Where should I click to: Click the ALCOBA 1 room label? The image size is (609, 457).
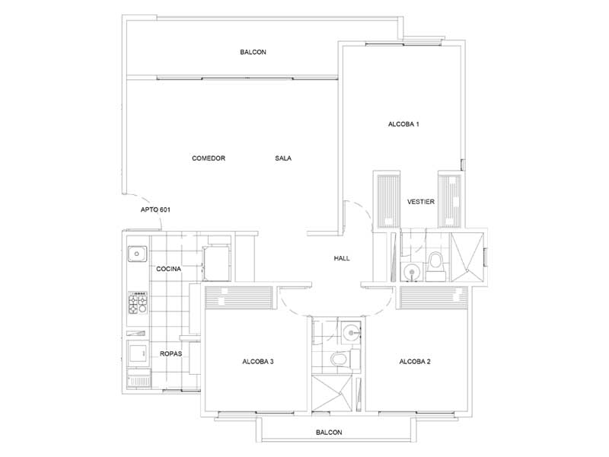[403, 124]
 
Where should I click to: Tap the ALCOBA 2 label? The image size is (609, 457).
[415, 362]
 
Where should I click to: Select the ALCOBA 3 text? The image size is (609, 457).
[258, 362]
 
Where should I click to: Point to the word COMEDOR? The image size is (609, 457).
[209, 158]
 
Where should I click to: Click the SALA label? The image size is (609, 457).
[283, 158]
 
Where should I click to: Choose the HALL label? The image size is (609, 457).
[342, 258]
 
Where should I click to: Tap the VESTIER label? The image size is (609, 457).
[421, 202]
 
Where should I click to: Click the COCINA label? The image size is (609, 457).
[168, 269]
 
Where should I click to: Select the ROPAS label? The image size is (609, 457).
[171, 354]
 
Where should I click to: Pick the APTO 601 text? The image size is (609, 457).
[155, 210]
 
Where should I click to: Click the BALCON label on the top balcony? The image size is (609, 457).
[253, 52]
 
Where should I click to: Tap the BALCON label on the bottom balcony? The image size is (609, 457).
[329, 433]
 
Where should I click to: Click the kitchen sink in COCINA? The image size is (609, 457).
[137, 254]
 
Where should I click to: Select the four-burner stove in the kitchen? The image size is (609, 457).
[138, 302]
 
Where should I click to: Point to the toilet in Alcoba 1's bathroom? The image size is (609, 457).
[435, 267]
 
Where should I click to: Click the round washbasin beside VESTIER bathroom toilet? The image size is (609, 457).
[410, 271]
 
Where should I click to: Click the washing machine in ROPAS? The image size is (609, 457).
[138, 353]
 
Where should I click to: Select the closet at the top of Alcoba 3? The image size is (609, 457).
[239, 298]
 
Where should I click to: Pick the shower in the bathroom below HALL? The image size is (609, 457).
[333, 393]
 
